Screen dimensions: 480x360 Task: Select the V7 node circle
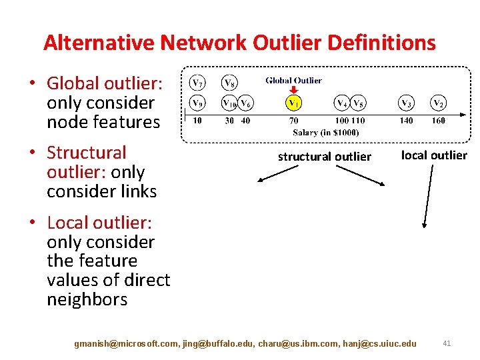[197, 83]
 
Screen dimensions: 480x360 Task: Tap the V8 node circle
[229, 84]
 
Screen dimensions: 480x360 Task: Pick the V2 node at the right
[438, 103]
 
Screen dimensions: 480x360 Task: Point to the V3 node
[406, 103]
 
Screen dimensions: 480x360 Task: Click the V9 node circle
[197, 103]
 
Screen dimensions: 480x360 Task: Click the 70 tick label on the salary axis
[294, 121]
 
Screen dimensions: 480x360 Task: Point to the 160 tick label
[438, 121]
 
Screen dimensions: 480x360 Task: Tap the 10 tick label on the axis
[197, 121]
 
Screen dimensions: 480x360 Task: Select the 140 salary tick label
[406, 121]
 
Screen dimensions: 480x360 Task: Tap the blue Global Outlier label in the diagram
[293, 81]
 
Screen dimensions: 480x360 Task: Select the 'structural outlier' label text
[324, 157]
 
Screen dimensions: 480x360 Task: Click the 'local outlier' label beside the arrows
[434, 155]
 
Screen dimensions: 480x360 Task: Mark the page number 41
[447, 343]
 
